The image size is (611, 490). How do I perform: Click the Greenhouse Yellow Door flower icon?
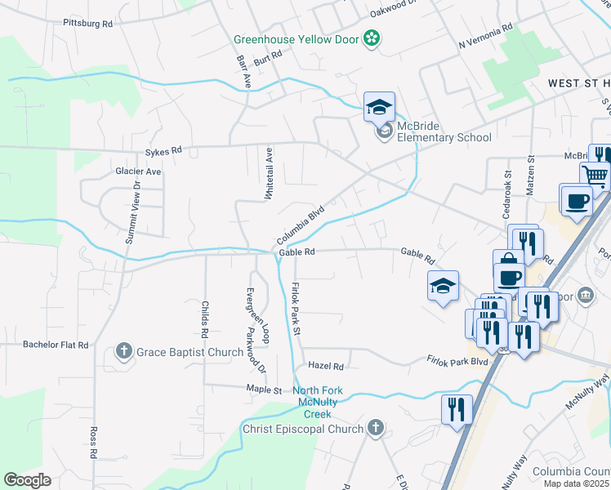[x=372, y=38]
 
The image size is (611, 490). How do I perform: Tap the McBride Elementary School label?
[x=444, y=131]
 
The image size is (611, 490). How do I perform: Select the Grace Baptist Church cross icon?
[x=124, y=352]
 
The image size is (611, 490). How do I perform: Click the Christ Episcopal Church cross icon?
[x=375, y=428]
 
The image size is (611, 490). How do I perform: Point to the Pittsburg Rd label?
[x=87, y=24]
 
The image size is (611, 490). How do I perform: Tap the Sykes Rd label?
[x=163, y=152]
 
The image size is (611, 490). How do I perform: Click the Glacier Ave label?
[x=138, y=171]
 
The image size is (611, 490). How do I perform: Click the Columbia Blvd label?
[x=301, y=225]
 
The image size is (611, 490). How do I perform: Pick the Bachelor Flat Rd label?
[x=56, y=345]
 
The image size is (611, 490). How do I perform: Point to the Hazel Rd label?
[x=326, y=367]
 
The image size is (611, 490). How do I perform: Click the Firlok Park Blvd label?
[x=457, y=359]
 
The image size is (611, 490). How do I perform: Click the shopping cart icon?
[x=595, y=175]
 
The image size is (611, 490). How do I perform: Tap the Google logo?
[x=27, y=480]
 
